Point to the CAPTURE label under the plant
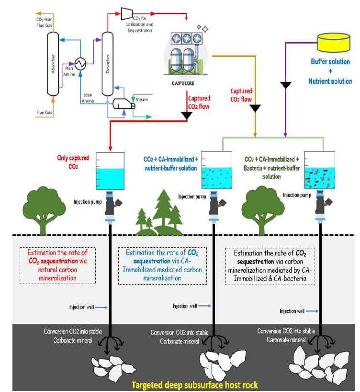[183, 82]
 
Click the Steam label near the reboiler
[142, 99]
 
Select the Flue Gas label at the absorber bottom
[44, 113]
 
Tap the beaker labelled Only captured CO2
[110, 171]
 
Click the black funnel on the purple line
[285, 85]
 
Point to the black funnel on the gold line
[256, 108]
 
